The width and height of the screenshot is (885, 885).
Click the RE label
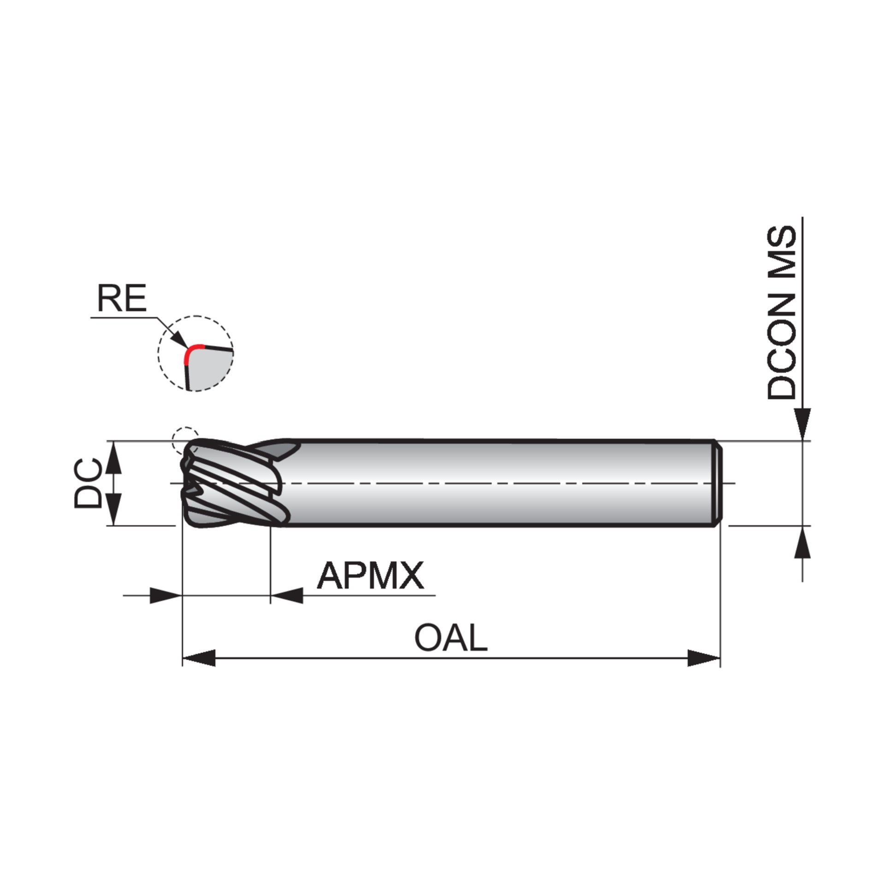pos(121,298)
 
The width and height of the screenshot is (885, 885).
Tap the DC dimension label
pos(87,483)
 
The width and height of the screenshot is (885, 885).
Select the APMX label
pos(370,576)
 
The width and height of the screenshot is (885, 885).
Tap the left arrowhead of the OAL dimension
pos(199,658)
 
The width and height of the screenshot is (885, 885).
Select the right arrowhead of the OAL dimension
pos(703,658)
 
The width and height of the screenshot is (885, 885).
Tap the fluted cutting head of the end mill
pos(230,484)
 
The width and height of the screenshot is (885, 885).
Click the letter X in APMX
pos(410,576)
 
